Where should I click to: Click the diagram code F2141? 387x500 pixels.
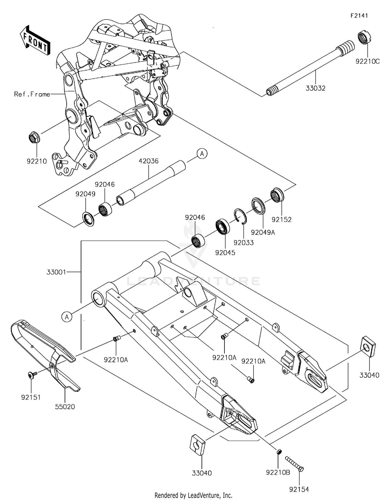[x=359, y=16]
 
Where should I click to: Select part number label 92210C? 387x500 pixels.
[x=367, y=62]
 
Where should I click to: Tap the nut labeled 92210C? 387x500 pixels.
[x=364, y=38]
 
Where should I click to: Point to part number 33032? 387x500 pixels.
[x=315, y=88]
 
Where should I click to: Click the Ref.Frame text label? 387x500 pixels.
[x=32, y=94]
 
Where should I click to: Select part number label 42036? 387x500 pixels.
[x=148, y=161]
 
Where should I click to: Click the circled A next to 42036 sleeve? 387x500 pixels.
[x=202, y=154]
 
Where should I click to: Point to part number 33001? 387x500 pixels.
[x=56, y=272]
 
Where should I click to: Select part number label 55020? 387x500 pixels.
[x=65, y=407]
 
